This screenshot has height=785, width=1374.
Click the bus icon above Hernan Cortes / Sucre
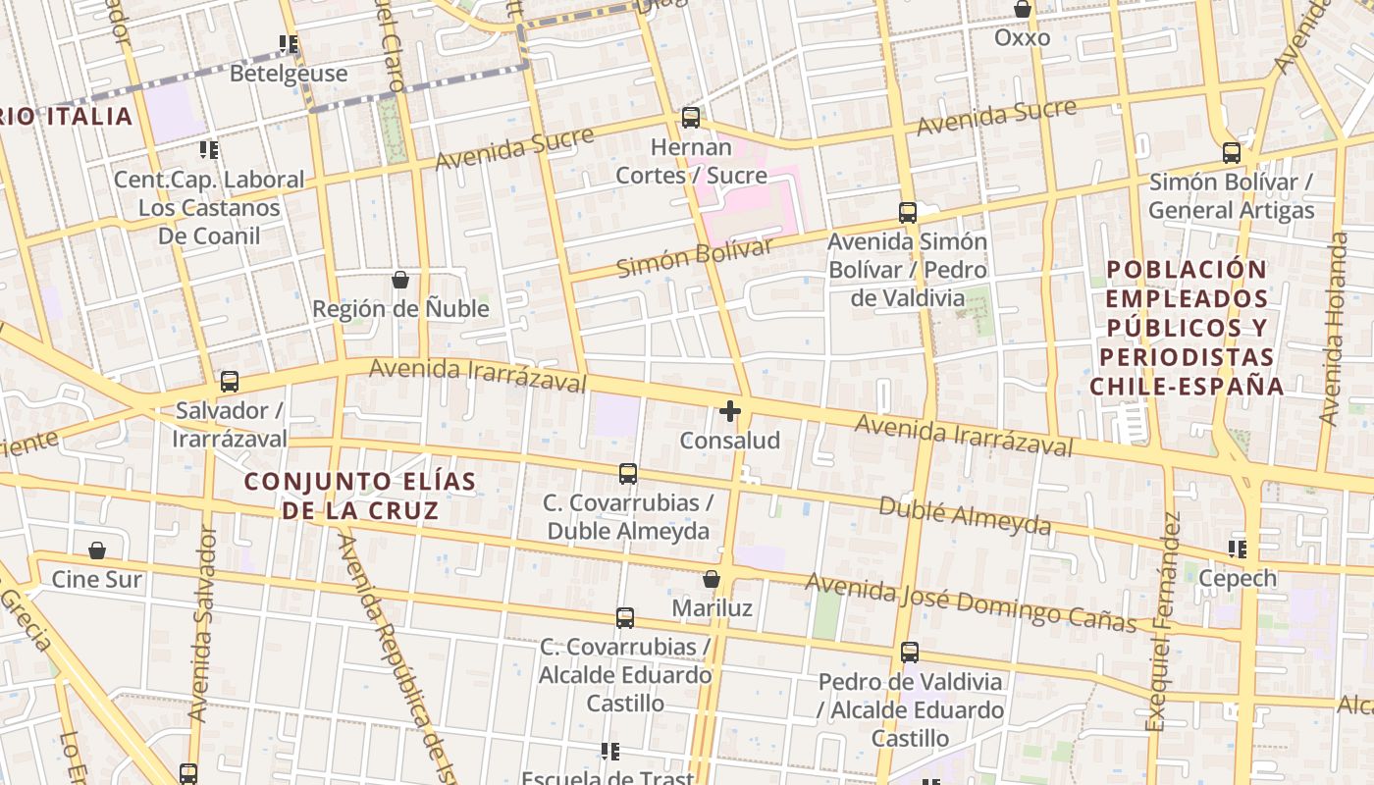pyautogui.click(x=691, y=118)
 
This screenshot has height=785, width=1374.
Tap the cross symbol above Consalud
pyautogui.click(x=730, y=411)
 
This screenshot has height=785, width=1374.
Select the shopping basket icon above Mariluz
pyautogui.click(x=712, y=580)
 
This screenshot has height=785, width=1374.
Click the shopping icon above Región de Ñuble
pyautogui.click(x=400, y=280)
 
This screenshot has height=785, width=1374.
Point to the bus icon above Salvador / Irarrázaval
pyautogui.click(x=230, y=382)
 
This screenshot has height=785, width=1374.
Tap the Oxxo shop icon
pyautogui.click(x=1023, y=10)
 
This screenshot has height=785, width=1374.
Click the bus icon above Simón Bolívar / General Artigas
pyautogui.click(x=1232, y=153)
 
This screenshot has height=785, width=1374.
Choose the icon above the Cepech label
pyautogui.click(x=1238, y=549)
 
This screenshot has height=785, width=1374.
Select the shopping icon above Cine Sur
pyautogui.click(x=97, y=550)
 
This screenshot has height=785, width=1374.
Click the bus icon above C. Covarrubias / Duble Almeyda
pyautogui.click(x=628, y=474)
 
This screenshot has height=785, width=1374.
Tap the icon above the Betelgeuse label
pyautogui.click(x=289, y=44)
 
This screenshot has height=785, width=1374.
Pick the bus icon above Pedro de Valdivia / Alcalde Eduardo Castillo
pyautogui.click(x=910, y=653)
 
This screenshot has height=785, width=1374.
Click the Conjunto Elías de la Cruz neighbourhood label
pyautogui.click(x=360, y=496)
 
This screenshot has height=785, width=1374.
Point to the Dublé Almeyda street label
pyautogui.click(x=965, y=515)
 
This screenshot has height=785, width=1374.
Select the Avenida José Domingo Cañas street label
pyautogui.click(x=971, y=602)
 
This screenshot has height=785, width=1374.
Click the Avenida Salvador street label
pyautogui.click(x=203, y=624)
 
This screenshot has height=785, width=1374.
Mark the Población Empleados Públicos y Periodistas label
pyautogui.click(x=1187, y=327)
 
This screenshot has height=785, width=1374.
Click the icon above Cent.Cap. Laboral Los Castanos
pyautogui.click(x=209, y=150)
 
